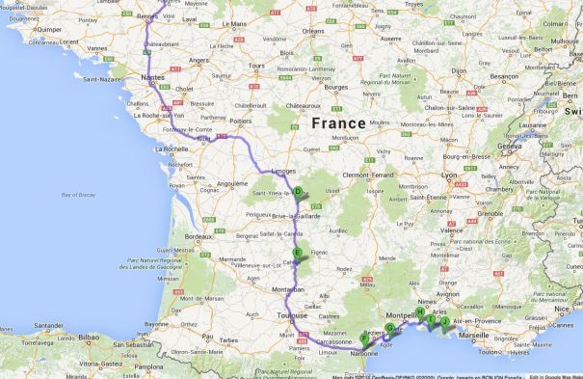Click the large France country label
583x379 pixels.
point(338,123)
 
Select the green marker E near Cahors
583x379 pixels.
point(297,254)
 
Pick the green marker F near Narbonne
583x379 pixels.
point(364,338)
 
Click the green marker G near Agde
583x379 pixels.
point(389,329)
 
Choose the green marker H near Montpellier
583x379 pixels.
point(420,312)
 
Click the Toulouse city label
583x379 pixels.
point(292,315)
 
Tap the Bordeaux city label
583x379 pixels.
point(198,236)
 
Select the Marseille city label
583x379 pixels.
point(474,335)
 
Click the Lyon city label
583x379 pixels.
point(450,175)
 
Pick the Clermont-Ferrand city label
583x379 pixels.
point(368,175)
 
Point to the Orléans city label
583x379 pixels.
point(313,31)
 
